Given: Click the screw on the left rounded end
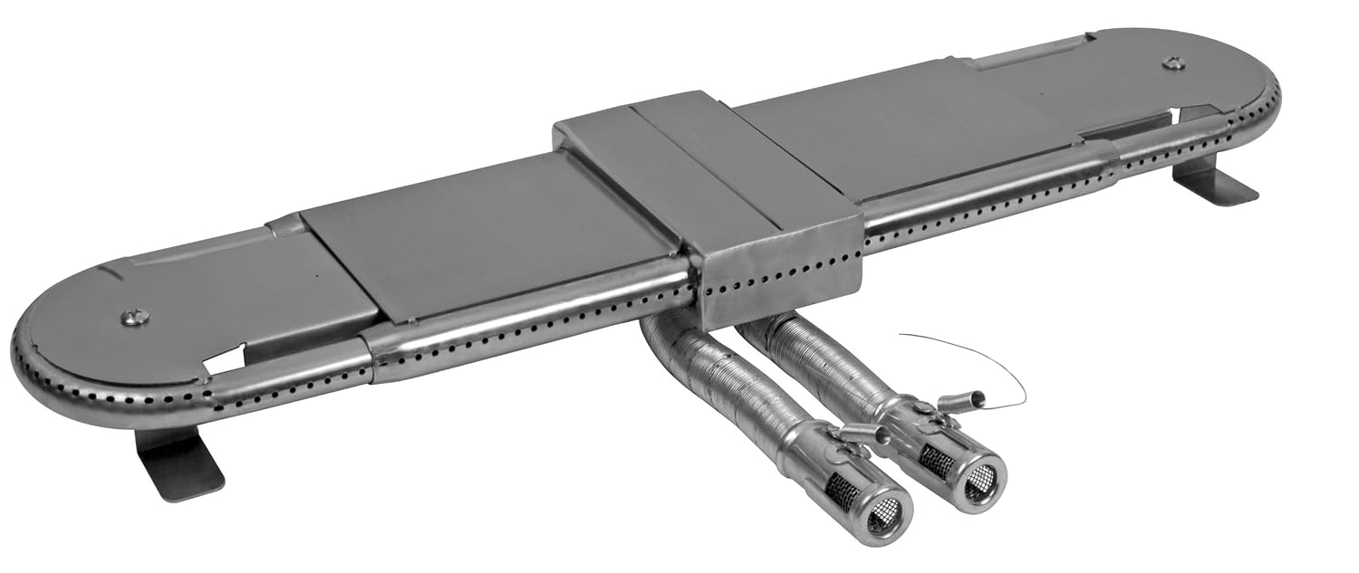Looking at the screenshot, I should point(134,318).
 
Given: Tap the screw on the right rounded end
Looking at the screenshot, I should point(1173,62).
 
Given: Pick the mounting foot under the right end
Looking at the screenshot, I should point(1213,181).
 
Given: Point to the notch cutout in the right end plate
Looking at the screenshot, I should point(1187,115).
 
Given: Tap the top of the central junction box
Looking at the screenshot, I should point(689,154).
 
